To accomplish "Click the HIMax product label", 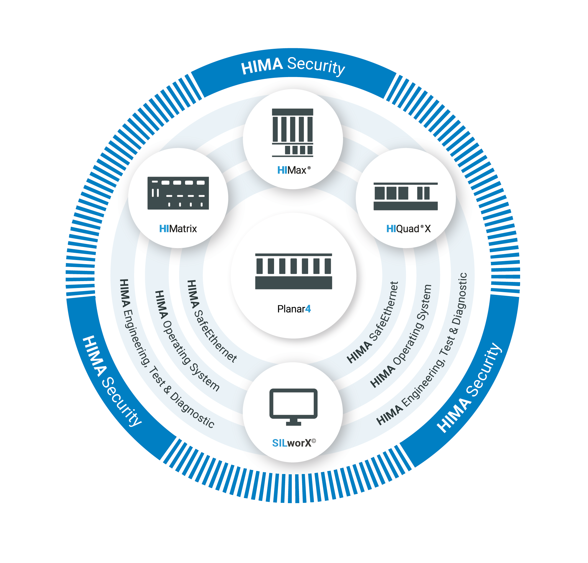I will point(293,170).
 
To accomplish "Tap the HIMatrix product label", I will point(178,229).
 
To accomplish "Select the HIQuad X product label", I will point(408,229).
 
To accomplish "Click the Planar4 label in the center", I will point(294,309).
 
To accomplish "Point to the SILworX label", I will point(293,443).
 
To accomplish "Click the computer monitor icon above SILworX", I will point(293,407).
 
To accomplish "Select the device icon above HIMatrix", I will point(178,193).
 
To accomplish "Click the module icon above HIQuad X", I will point(405,196).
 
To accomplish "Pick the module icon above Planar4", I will point(293,271).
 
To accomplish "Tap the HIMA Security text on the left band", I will point(111,381).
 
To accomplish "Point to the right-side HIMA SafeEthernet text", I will point(373,322).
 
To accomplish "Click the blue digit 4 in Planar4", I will point(308,309).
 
